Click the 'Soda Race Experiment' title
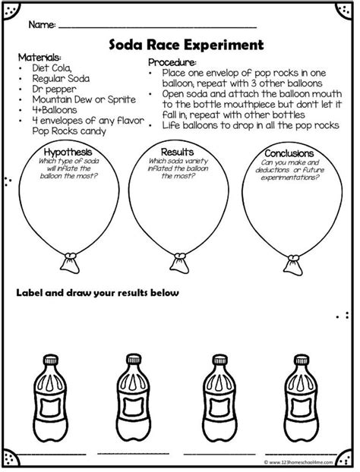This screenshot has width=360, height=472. click(186, 45)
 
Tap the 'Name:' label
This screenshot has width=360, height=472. click(42, 25)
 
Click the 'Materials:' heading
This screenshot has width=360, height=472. click(39, 57)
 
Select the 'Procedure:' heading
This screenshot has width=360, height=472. click(172, 62)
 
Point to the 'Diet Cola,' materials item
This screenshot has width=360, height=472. click(52, 68)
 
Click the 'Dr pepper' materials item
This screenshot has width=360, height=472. click(54, 90)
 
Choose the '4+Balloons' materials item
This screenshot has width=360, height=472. click(55, 110)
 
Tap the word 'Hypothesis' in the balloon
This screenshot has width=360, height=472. click(68, 152)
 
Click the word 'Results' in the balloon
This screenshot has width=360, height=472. click(177, 152)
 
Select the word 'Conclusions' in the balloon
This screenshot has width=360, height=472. click(289, 153)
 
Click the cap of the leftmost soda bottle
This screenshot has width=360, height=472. click(51, 360)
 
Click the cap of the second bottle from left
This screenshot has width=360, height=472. click(134, 360)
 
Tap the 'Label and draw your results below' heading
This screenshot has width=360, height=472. click(98, 293)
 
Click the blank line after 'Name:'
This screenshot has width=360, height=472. click(157, 27)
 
